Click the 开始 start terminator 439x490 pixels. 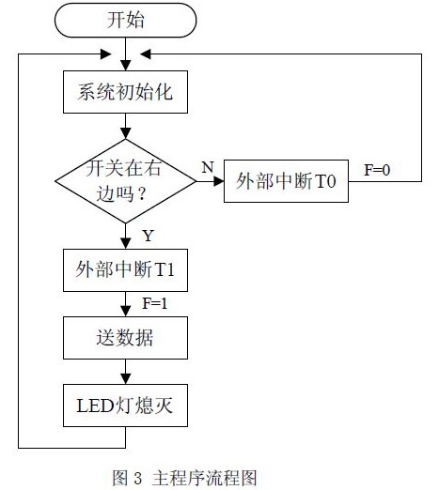125,20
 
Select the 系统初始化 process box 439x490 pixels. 125,92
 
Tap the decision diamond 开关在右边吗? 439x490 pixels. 125,181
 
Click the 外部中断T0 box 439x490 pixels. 286,181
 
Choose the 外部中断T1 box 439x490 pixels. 125,270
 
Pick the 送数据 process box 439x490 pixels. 125,338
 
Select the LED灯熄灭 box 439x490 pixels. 125,406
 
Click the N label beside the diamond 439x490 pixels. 208,167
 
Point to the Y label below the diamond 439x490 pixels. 149,236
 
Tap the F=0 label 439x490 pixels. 377,170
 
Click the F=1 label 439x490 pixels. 155,303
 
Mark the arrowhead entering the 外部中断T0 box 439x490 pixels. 219,181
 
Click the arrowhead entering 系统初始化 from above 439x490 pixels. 125,66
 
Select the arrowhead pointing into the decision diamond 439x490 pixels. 125,133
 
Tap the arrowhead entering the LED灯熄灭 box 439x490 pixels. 125,379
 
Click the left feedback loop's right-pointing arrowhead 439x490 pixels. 105,54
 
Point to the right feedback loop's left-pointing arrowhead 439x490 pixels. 146,54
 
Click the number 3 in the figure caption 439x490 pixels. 137,478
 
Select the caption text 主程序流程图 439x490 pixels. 205,478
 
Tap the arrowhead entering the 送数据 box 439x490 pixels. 125,312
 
